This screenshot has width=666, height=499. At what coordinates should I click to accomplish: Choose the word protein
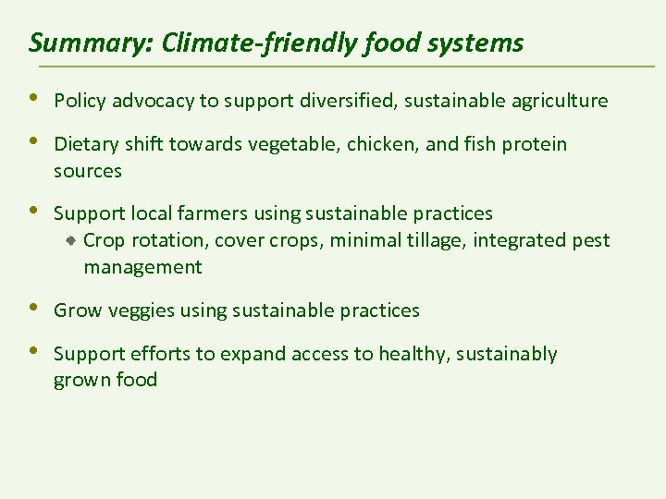535,144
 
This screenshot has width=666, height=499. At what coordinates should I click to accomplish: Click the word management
142,268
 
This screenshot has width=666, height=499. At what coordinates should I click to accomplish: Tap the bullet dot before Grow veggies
35,308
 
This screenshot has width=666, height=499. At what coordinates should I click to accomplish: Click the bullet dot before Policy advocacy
35,98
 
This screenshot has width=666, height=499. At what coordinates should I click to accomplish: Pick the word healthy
404,354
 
